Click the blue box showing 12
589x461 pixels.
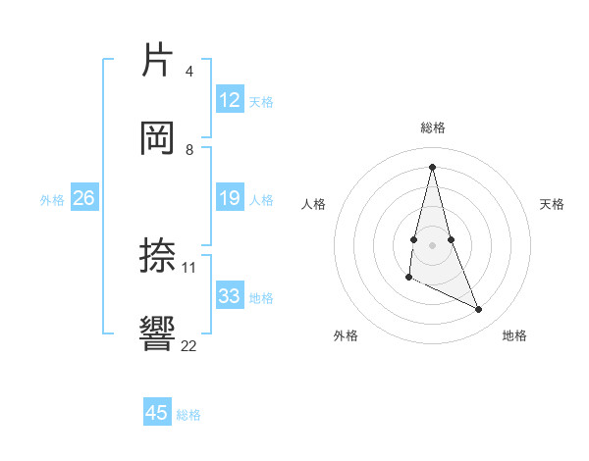coord(230,100)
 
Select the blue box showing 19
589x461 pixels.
coord(230,199)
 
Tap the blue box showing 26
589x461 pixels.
coord(83,199)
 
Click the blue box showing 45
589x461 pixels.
coord(157,413)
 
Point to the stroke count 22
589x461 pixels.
coord(188,344)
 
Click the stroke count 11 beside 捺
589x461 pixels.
coord(189,267)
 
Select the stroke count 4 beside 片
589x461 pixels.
coord(188,71)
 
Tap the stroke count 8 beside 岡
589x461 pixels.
coord(188,149)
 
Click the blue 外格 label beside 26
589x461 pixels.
coord(52,200)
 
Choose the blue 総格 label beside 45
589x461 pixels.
coord(188,415)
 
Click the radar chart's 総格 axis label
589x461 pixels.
coord(433,128)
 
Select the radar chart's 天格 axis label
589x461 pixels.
coord(553,204)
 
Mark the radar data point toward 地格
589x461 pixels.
coord(479,310)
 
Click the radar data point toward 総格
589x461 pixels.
coord(432,166)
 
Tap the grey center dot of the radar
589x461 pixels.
coord(432,244)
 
